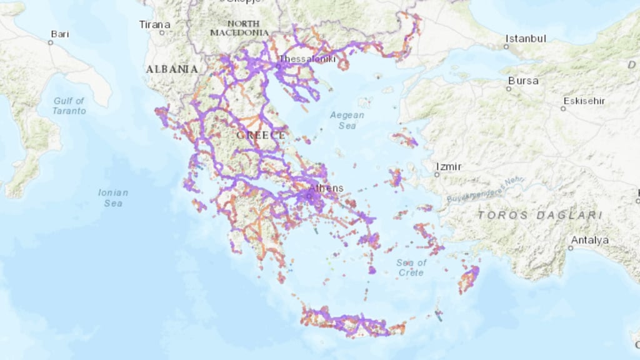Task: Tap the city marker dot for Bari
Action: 51,42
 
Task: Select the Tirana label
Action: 154,24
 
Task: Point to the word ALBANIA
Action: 172,69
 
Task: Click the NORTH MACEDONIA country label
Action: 239,27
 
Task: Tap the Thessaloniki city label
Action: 307,59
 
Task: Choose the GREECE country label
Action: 261,135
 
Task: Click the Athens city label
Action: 326,187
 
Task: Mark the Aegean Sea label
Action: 347,121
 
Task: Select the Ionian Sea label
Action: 113,197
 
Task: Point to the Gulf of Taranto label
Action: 69,106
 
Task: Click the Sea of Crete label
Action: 412,267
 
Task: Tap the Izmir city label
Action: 449,167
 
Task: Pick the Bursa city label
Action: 523,81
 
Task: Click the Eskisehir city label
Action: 585,101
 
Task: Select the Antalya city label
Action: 590,240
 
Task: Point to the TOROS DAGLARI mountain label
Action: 539,215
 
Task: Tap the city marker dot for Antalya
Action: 571,248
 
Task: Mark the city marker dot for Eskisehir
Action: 562,108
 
